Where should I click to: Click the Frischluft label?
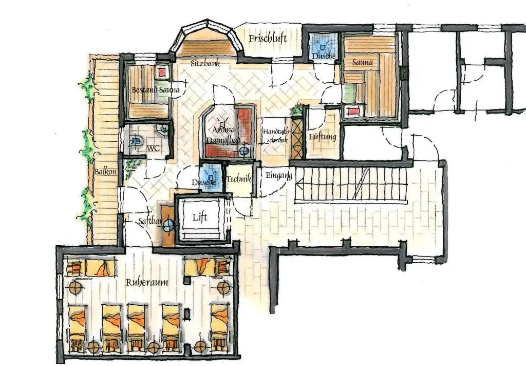coord(268,38)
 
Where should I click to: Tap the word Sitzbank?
coord(205,63)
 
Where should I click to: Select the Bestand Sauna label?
coord(155,90)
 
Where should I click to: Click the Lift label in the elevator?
coord(199,217)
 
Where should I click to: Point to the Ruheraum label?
coord(147,282)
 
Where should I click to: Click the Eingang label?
coord(278,176)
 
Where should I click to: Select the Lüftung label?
coord(322,137)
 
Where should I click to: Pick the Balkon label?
coord(105,172)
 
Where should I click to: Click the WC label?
coord(153,148)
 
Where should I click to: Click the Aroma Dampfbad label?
coord(223,135)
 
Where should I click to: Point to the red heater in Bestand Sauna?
coord(162,72)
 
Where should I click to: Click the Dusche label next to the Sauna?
coord(323,56)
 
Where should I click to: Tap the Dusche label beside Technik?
coord(204,182)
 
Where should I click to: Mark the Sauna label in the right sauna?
coord(362,62)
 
